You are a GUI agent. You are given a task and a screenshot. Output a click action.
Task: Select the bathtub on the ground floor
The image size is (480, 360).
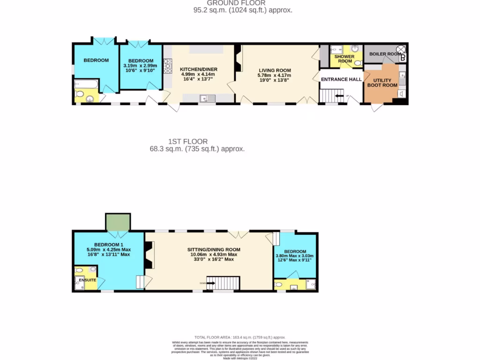point(86,84)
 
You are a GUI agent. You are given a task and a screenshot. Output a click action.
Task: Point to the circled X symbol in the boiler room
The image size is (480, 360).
point(401,49)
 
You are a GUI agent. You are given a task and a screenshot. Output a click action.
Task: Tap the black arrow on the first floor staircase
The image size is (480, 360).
point(210,283)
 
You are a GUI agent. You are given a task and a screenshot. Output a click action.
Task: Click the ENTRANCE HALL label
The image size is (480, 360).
point(341,79)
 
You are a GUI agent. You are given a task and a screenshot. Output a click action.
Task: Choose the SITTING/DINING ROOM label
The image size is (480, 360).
point(214,249)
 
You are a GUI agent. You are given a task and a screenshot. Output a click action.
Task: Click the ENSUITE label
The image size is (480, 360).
point(87,280)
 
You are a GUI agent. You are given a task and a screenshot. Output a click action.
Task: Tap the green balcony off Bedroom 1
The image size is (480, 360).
point(118,222)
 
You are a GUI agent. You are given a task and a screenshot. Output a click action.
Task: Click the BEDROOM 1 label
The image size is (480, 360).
point(109,245)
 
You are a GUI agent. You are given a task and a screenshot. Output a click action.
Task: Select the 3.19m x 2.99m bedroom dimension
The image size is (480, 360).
point(140,66)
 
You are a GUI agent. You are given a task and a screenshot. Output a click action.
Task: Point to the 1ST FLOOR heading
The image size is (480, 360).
point(187,141)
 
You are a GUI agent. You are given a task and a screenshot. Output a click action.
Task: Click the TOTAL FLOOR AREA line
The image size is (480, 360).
point(240,337)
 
